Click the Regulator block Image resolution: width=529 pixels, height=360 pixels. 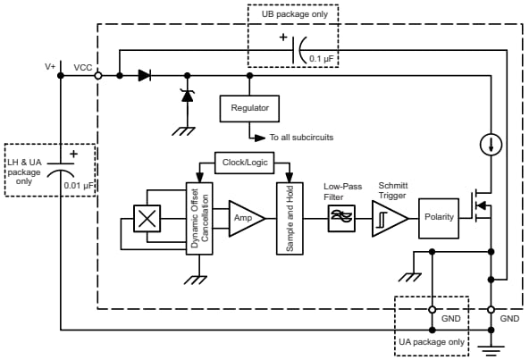[x=250, y=108]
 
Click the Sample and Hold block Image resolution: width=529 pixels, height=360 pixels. [x=290, y=219]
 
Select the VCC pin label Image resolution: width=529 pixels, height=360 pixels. [x=81, y=67]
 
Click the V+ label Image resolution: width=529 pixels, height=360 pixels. [x=52, y=67]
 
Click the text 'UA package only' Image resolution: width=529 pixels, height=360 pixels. [x=432, y=341]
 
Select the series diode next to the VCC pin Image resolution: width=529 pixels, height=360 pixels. [x=144, y=76]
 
